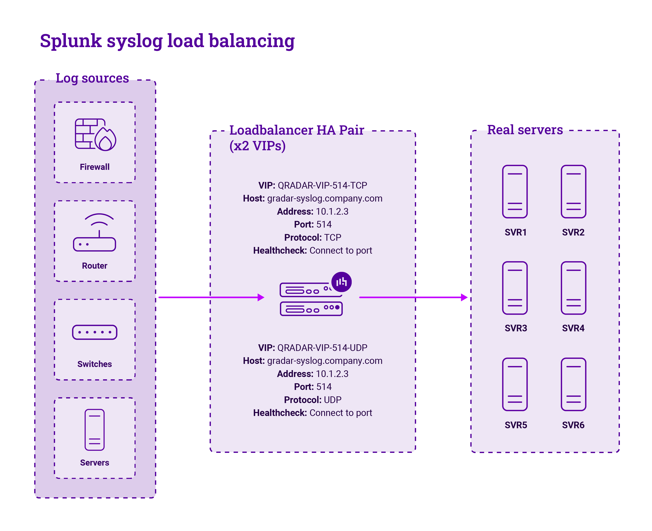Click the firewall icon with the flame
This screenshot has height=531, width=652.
(95, 135)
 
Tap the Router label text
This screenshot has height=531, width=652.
(94, 266)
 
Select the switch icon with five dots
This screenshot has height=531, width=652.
(94, 332)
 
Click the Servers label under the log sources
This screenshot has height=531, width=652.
(94, 463)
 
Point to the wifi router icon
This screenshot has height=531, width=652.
(94, 232)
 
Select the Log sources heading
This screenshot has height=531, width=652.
(92, 78)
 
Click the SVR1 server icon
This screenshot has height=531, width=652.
(515, 192)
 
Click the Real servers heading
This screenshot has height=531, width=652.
(525, 130)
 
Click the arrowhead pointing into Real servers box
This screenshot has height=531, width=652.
(464, 297)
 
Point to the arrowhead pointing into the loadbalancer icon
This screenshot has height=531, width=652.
(261, 297)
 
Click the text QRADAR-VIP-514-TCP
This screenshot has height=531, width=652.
(322, 185)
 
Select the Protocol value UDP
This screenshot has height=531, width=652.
(332, 400)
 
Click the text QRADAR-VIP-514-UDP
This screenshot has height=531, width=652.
(322, 348)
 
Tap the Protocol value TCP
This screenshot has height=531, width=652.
(332, 237)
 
